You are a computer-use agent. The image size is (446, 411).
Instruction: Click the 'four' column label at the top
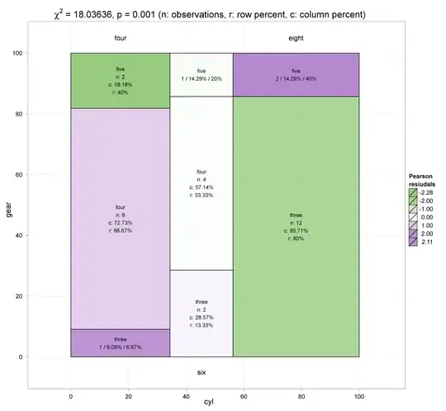(121, 38)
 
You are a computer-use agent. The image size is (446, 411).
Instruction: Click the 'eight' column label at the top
(296, 38)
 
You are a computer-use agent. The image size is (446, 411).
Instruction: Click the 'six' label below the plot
(202, 373)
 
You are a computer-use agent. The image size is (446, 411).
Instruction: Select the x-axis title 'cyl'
(209, 402)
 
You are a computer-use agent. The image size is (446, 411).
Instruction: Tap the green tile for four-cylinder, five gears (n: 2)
(121, 80)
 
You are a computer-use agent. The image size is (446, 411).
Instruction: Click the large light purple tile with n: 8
(121, 219)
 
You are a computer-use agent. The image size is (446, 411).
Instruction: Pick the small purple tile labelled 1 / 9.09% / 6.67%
(121, 343)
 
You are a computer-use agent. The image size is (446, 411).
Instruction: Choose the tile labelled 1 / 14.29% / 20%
(202, 75)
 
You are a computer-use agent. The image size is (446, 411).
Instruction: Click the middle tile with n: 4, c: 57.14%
(202, 183)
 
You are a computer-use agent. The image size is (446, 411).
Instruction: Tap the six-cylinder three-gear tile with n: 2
(202, 314)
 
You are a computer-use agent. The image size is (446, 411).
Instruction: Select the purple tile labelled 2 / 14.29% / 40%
(296, 75)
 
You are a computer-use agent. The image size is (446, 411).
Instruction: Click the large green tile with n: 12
(296, 227)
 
